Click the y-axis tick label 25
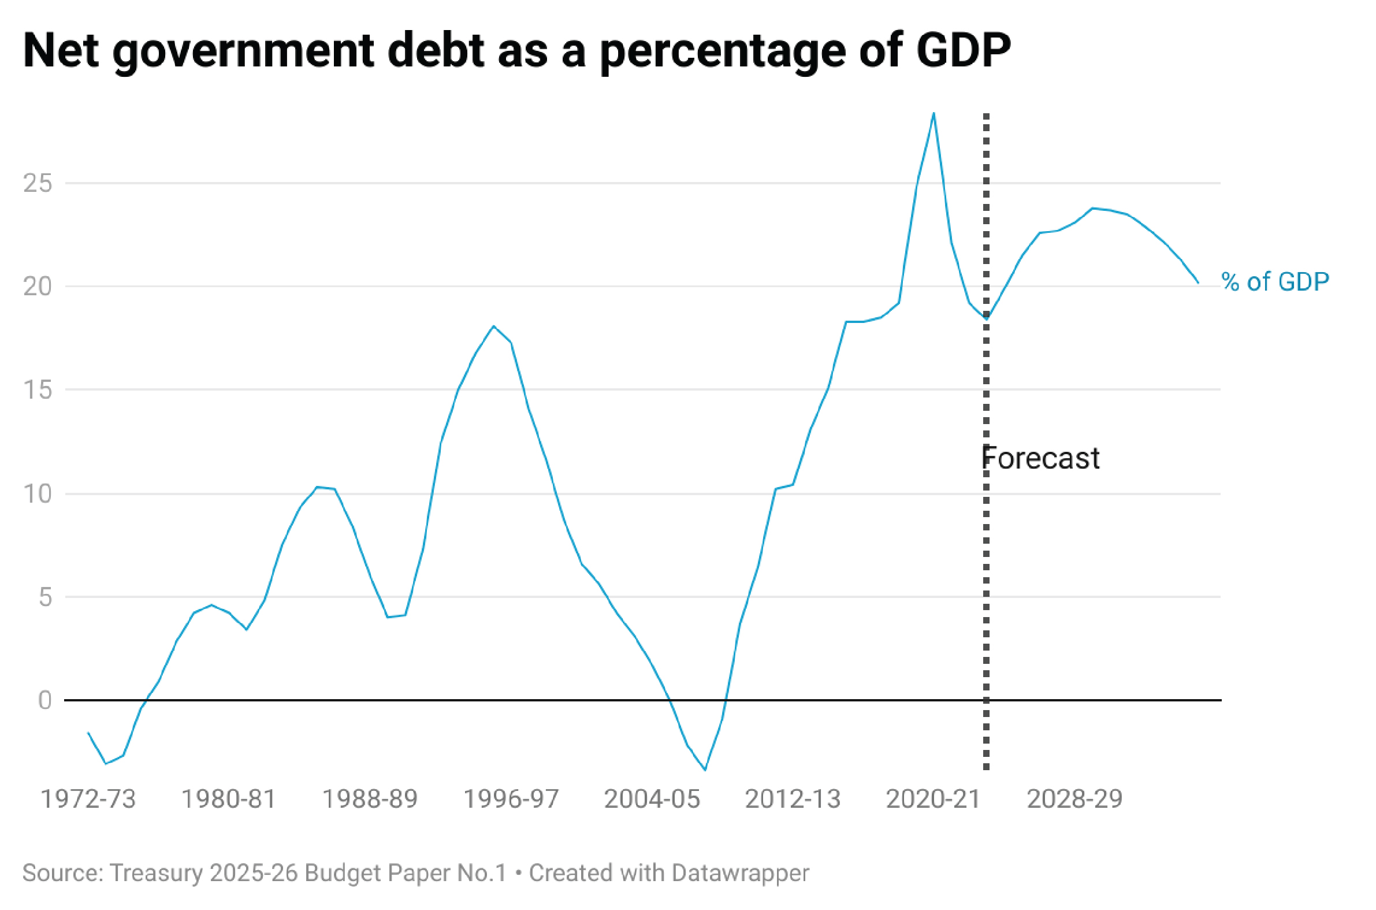coord(38,184)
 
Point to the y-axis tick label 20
coord(38,287)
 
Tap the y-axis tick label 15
coord(38,390)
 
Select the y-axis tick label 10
coord(38,494)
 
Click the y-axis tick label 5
coord(45,597)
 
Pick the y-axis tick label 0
coord(45,701)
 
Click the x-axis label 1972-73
coord(88,800)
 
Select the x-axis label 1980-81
coord(229,800)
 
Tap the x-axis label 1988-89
coord(370,800)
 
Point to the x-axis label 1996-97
coord(511,800)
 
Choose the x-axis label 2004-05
coord(652,800)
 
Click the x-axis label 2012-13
coord(793,800)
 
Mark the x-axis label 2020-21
coord(934,800)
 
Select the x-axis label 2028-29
coord(1075,800)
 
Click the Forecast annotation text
coord(1041,459)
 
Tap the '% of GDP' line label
coord(1275,282)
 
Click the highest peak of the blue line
coord(934,114)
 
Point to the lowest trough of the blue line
coord(705,770)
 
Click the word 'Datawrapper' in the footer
coord(740,873)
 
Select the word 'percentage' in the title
coord(723,51)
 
